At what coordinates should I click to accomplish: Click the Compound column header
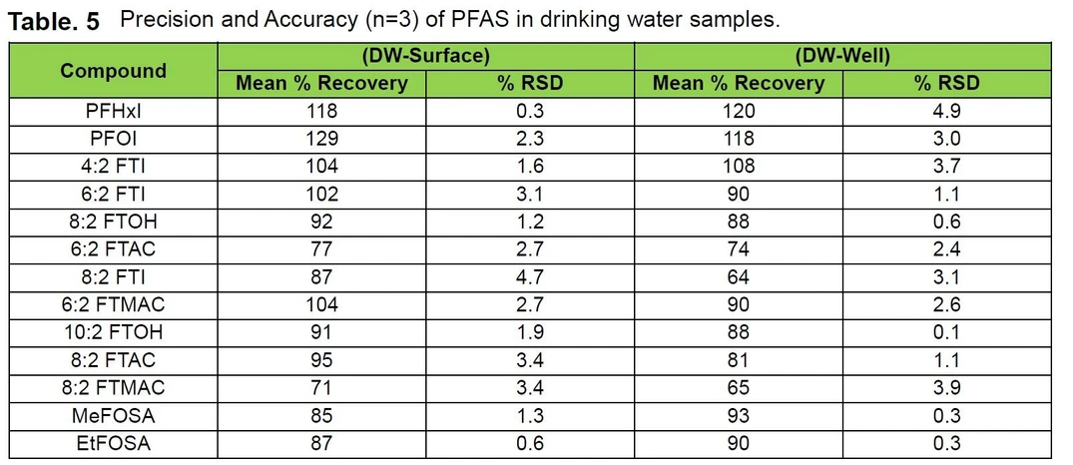[113, 70]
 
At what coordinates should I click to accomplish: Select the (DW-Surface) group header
[425, 57]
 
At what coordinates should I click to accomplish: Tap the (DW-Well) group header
[842, 57]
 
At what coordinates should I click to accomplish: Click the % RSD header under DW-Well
[947, 83]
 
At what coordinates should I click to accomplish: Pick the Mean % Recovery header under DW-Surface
[321, 83]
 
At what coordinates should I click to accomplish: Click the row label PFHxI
[113, 111]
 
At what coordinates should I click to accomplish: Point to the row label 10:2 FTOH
[113, 332]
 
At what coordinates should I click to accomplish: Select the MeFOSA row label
[113, 416]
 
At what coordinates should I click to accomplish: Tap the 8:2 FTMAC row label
[113, 388]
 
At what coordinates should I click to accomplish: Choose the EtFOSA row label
[113, 444]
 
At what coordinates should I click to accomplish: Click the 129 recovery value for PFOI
[321, 139]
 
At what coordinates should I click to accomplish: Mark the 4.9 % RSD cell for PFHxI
[947, 111]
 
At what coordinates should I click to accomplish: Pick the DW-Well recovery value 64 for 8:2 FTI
[739, 277]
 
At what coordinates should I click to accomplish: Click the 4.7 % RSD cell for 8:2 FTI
[530, 277]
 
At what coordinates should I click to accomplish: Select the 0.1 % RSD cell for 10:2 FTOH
[947, 332]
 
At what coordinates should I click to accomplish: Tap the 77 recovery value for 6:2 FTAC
[321, 249]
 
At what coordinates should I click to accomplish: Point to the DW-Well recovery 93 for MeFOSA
[739, 416]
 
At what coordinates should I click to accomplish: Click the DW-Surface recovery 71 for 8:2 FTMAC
[321, 388]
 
